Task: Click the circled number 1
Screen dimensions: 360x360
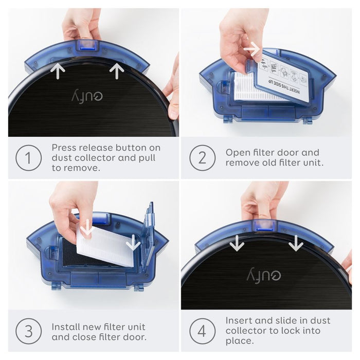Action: (x=29, y=158)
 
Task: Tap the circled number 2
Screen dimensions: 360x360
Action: (x=202, y=158)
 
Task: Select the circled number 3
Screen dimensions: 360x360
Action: (x=29, y=332)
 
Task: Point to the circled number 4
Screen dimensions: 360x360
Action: (x=202, y=332)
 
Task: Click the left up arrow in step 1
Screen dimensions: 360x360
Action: (x=58, y=70)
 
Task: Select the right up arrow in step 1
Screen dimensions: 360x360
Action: (x=117, y=70)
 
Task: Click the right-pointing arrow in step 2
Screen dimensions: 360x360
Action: (x=251, y=49)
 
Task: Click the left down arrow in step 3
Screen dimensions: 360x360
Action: (x=86, y=227)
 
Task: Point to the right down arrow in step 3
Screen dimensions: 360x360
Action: (x=133, y=241)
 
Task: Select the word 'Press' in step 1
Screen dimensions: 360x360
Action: (x=65, y=148)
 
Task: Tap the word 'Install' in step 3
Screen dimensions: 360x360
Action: (x=66, y=327)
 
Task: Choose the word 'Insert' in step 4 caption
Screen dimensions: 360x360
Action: (x=239, y=320)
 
